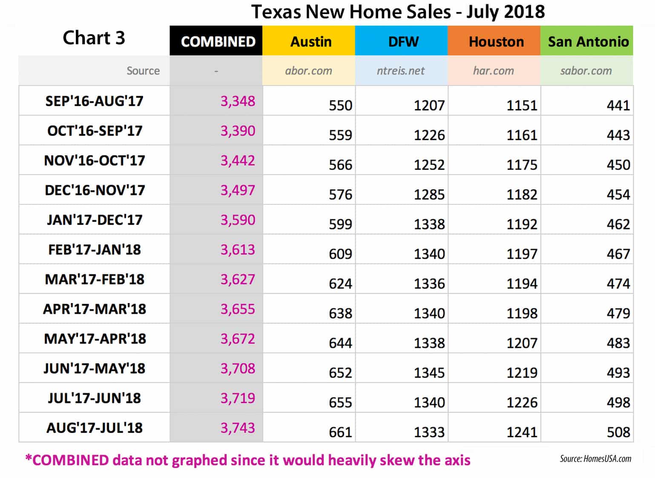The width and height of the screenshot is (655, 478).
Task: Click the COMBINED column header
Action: pos(218,41)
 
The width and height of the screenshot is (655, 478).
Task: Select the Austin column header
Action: pos(310,41)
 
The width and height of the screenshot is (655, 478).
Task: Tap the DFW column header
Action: pos(403,41)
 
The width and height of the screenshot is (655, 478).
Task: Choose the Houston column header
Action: pos(496,41)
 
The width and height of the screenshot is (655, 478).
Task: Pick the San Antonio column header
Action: pos(588,41)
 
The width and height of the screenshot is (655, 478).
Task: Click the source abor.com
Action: pos(308,71)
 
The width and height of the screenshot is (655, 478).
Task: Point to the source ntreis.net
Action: pos(400,71)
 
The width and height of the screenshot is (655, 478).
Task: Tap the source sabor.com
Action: pos(586,71)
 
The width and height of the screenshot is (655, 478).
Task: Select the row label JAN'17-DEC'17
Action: pos(95,220)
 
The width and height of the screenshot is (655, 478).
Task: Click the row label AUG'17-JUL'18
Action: pos(95,428)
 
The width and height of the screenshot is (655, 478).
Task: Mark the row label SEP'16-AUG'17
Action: pos(95,101)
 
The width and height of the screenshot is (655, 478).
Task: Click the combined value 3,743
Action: pos(238,428)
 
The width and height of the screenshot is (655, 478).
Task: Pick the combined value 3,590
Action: pos(238,220)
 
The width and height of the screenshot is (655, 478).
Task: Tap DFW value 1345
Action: pos(429,373)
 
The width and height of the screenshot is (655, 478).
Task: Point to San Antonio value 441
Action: pos(618,106)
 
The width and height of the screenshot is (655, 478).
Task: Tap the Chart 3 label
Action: pos(94,38)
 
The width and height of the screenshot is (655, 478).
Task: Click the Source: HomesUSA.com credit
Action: pos(595,458)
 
